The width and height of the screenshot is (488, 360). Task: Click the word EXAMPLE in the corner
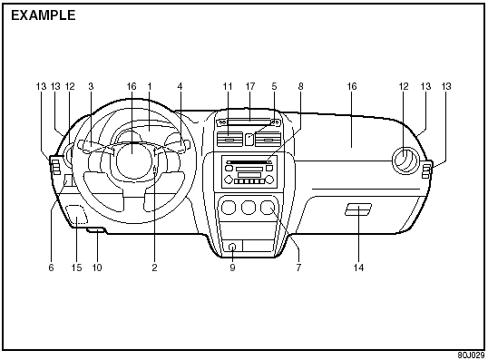[x=44, y=15]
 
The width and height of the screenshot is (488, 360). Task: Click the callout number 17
[x=250, y=86]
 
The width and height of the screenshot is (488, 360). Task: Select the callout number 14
[x=358, y=268]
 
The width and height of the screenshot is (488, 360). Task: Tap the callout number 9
[x=232, y=268]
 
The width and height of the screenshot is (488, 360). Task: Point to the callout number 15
[x=76, y=268]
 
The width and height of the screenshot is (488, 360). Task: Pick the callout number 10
[x=97, y=268]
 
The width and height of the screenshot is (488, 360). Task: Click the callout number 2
[x=155, y=268]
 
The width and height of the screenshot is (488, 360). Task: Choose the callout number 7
[x=298, y=268]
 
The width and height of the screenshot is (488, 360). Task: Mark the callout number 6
[x=52, y=268]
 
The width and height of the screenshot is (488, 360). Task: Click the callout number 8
[x=300, y=86]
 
